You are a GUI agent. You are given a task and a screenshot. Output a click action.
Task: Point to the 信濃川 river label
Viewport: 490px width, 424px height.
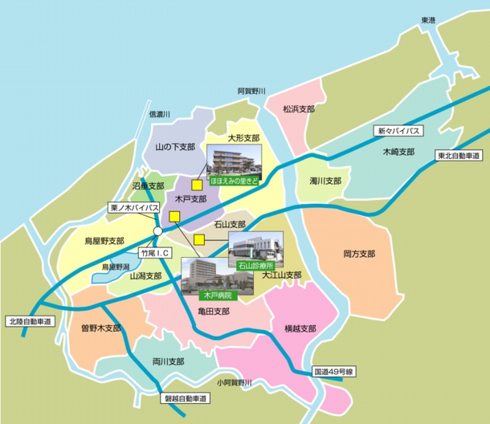[x=161, y=115]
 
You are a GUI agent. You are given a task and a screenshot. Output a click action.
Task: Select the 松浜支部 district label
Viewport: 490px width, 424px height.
[x=298, y=108]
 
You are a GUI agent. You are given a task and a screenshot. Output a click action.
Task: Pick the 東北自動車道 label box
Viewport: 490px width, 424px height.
[x=459, y=156]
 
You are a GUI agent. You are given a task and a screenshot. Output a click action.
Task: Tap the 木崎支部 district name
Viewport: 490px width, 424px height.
[x=398, y=151]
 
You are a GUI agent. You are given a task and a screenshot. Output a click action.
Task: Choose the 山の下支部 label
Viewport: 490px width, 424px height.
[x=175, y=147]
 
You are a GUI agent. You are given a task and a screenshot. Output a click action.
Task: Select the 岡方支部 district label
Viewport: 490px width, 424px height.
[x=358, y=254]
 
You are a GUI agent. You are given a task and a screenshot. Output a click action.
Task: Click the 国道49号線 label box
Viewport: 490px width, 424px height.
[x=334, y=372]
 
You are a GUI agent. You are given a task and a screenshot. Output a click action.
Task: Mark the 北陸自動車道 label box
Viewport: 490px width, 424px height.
[x=28, y=321]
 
